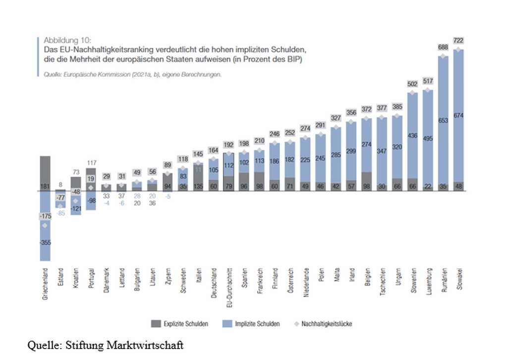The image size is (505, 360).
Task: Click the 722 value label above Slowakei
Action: click(459, 40)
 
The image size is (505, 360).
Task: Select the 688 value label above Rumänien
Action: click(443, 47)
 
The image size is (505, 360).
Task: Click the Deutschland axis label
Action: click(214, 283)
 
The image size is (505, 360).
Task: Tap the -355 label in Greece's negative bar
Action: click(46, 242)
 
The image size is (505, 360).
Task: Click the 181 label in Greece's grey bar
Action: click(46, 187)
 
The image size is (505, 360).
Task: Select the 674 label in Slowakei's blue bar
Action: click(459, 116)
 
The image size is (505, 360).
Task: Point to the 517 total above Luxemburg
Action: click(427, 80)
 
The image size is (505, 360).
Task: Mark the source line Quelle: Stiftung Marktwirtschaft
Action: click(105, 345)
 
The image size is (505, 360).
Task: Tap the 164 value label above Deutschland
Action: click(214, 150)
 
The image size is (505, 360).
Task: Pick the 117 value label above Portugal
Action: click(92, 162)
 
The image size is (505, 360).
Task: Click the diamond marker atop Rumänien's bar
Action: click(443, 57)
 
